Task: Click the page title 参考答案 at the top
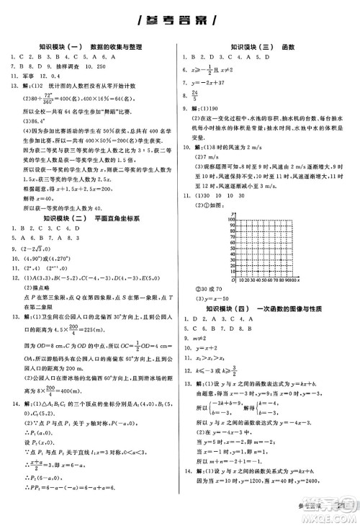[180, 19]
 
